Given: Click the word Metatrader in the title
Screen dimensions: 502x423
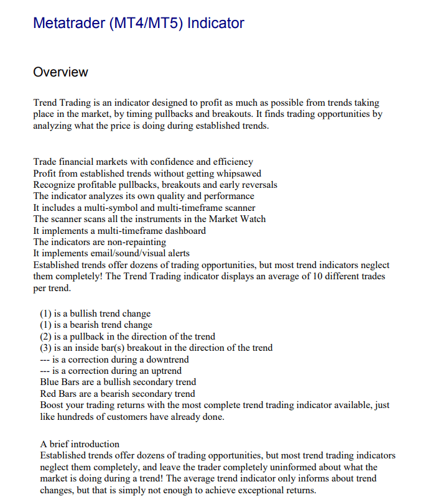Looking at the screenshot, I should (68, 24).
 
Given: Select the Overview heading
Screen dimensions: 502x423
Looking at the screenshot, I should (60, 72).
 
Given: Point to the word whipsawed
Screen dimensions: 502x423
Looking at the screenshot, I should (239, 174).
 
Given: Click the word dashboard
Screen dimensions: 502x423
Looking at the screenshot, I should (184, 231).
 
